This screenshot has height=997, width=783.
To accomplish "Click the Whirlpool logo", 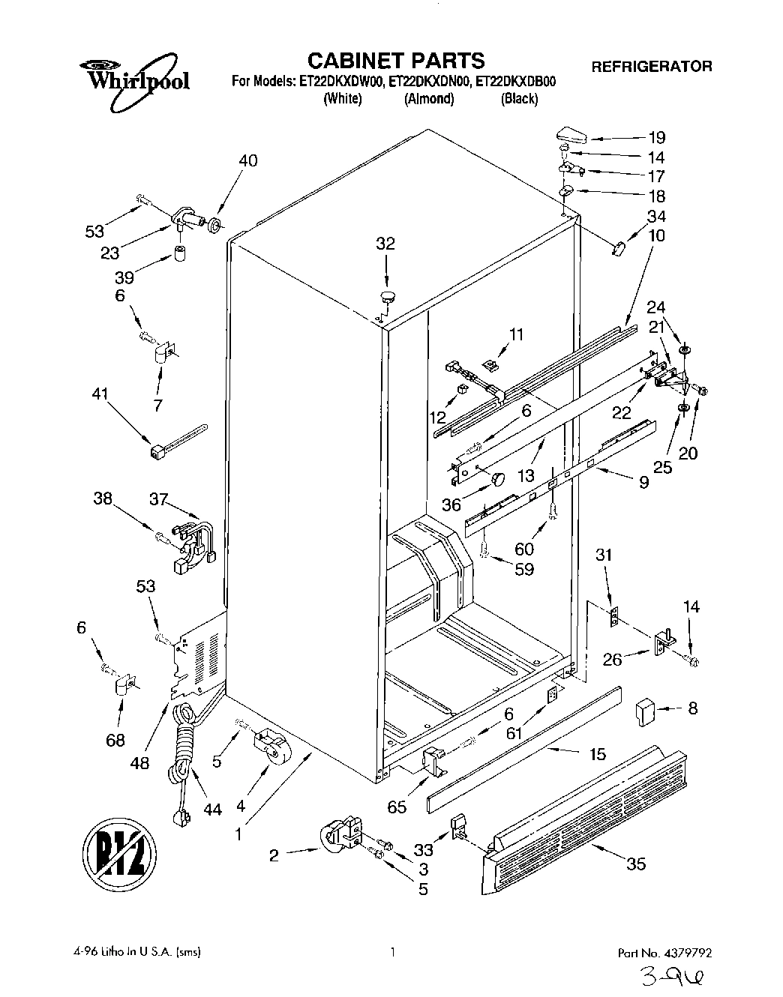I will pos(133,76).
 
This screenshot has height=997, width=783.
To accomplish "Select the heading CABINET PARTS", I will pos(397,60).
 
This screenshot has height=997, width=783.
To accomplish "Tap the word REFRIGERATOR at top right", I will pos(651,67).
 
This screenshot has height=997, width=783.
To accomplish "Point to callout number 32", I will pos(385,244).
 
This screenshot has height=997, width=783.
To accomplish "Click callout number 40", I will pos(248,160).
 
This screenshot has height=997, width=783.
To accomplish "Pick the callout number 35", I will pos(635,864).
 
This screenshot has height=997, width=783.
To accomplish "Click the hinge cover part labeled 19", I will pos(570,136).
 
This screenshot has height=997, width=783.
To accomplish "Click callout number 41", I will pos(100,394).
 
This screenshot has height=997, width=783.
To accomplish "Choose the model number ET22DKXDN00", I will pos(429,83).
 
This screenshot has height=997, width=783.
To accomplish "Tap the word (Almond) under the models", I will pos(429,100).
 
